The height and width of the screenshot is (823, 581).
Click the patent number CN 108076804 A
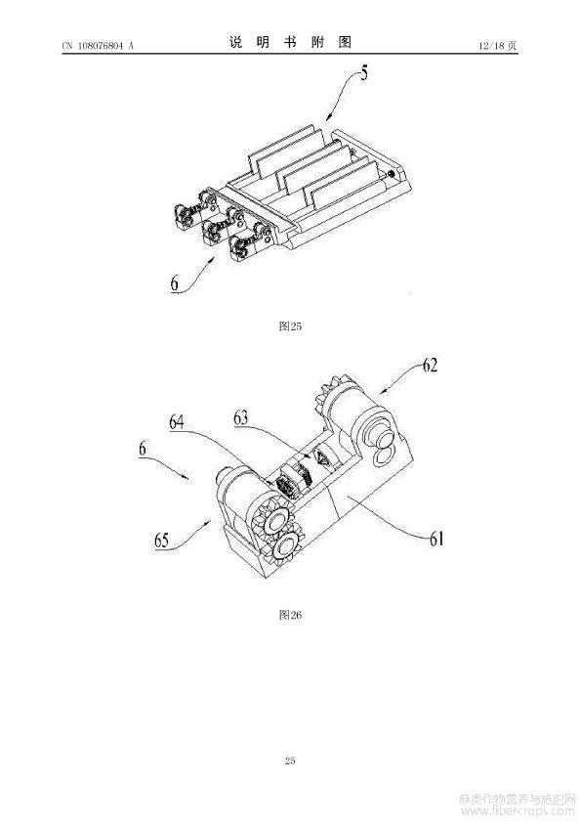click(98, 46)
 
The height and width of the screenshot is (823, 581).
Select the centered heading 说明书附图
click(290, 42)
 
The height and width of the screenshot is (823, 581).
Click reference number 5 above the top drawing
click(363, 73)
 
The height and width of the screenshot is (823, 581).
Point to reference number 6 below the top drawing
click(174, 283)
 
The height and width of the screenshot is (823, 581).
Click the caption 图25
click(290, 326)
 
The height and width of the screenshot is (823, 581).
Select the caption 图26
click(290, 615)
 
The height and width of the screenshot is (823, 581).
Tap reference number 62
click(430, 366)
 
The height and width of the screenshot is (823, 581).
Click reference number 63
click(241, 419)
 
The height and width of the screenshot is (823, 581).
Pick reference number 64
click(177, 422)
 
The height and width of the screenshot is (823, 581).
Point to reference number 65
click(161, 541)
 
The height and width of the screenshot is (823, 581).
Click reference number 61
click(436, 539)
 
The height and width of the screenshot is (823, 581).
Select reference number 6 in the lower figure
click(143, 449)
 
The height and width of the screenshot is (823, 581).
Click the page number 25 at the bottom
click(290, 760)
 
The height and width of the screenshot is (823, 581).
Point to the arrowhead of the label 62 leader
click(382, 391)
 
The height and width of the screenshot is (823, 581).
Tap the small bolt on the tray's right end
click(392, 173)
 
